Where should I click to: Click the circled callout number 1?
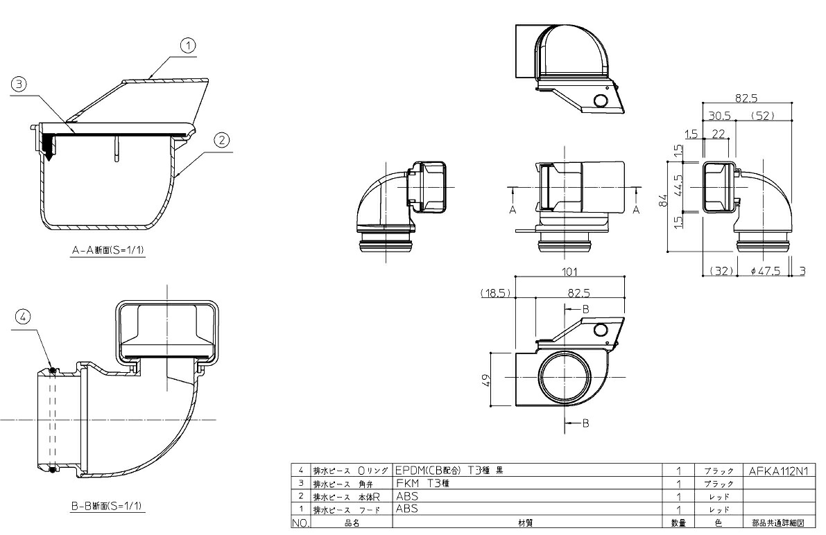187,46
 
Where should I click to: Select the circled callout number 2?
221,140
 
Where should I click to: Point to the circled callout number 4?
24,317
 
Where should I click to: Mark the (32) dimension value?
721,271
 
